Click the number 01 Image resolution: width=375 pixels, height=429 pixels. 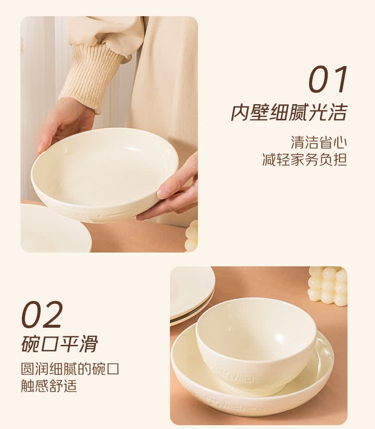point(328,79)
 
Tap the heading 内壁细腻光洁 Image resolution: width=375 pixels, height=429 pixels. point(289,112)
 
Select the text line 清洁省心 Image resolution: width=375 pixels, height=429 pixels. point(319,143)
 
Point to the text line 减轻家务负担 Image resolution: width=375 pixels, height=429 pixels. point(305,159)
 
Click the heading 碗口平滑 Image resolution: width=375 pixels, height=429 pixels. point(59,344)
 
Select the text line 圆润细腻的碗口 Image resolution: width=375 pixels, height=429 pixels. point(70,369)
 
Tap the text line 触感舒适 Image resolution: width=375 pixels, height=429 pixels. point(49,386)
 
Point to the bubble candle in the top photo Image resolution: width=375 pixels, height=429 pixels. point(191,235)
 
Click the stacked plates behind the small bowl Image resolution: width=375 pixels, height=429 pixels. point(191,295)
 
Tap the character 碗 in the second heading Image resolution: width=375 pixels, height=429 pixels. point(30,344)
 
